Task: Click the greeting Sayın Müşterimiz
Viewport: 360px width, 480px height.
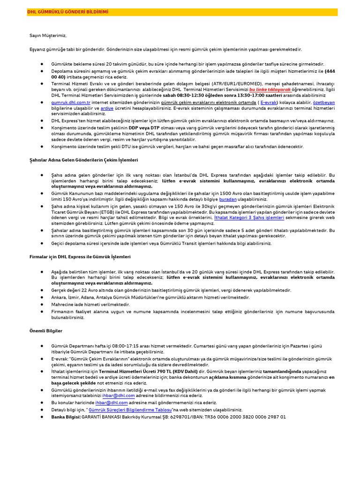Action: pos(47,36)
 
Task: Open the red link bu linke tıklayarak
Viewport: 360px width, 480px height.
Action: pos(270,89)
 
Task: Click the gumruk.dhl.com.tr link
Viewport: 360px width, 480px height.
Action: pos(69,102)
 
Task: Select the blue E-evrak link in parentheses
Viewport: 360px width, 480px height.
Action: pos(269,102)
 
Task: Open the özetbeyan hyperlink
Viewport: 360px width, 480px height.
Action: pos(324,102)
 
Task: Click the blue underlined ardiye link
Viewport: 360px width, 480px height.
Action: pos(107,108)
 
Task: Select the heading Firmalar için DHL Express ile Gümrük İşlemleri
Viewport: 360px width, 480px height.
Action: pos(80,257)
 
